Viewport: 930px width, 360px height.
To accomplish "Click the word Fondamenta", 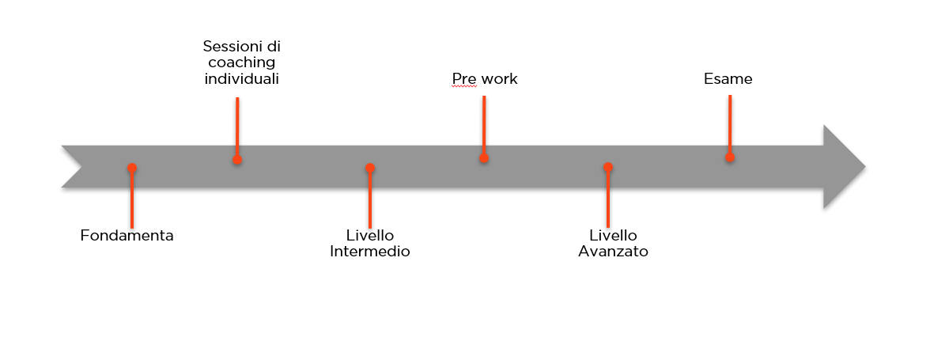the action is click(x=127, y=236).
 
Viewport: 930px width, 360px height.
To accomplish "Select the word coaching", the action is click(x=242, y=63).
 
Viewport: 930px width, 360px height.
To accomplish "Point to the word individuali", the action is click(x=242, y=78).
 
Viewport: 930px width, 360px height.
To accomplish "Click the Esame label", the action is click(x=728, y=79).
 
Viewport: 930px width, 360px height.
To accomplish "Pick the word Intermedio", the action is click(x=370, y=251).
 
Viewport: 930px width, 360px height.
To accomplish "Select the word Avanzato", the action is click(x=614, y=251).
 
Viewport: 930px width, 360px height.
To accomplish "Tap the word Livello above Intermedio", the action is click(x=370, y=236).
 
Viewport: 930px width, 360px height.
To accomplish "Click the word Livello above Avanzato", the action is click(x=614, y=236).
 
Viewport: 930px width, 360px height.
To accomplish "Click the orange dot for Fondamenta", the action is click(x=131, y=168).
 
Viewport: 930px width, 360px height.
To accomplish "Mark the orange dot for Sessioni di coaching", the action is click(x=237, y=159).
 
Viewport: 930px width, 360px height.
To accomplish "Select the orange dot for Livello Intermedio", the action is click(x=370, y=168).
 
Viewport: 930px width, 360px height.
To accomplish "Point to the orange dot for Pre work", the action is click(x=484, y=157).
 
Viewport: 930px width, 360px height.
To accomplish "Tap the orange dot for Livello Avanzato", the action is click(x=608, y=167).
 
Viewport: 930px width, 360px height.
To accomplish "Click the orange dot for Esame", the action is click(x=729, y=157).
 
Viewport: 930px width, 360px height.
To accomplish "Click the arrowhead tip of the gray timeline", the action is click(x=865, y=167).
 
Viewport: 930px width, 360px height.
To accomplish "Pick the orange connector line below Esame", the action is click(x=729, y=124).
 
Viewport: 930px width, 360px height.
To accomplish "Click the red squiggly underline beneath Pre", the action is click(x=464, y=86).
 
